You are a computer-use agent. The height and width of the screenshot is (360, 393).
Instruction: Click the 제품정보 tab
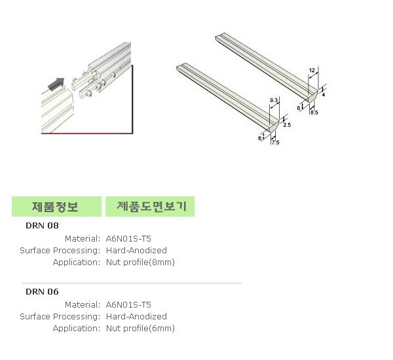tap(56, 206)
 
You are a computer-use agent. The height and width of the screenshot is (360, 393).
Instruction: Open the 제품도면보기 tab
tap(150, 206)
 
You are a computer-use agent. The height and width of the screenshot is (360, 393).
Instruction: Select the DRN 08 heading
tap(42, 225)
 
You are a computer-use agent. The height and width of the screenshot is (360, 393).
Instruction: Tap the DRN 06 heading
tap(42, 292)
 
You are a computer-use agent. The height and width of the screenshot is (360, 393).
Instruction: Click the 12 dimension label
tap(312, 70)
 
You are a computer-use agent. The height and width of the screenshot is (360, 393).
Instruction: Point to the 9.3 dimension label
tap(274, 100)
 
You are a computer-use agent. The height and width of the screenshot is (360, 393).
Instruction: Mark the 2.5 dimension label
tap(287, 125)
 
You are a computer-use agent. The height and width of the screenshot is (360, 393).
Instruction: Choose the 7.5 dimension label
tap(275, 142)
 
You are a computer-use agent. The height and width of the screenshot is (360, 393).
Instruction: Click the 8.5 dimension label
tap(314, 112)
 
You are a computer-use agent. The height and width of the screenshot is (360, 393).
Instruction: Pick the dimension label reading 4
tap(324, 95)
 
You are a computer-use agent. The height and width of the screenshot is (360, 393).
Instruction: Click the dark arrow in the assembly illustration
tap(56, 84)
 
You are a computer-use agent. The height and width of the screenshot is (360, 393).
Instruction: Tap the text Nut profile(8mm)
tap(140, 262)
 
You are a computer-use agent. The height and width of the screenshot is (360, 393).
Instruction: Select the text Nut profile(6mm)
tap(140, 329)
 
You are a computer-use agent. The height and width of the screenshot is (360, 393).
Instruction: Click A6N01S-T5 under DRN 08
tap(128, 239)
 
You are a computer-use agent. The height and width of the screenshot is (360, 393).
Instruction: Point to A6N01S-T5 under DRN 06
tap(128, 305)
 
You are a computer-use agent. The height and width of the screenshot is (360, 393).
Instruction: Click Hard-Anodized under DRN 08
tap(136, 251)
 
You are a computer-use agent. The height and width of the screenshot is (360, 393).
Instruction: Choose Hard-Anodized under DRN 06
tap(136, 317)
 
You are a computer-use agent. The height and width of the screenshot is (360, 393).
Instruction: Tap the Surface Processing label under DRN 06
tap(60, 317)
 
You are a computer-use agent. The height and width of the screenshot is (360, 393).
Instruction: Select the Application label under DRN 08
tap(77, 262)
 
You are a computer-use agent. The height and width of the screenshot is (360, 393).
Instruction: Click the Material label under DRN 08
tap(83, 239)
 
